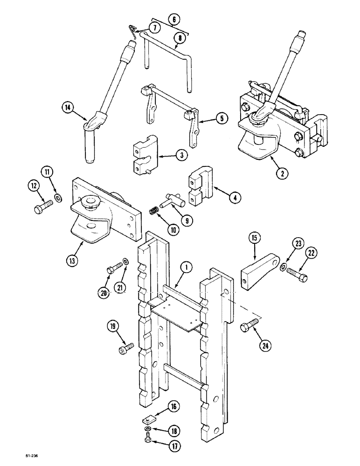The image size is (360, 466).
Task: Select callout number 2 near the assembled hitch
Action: (281, 172)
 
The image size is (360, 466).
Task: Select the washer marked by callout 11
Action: (58, 199)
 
